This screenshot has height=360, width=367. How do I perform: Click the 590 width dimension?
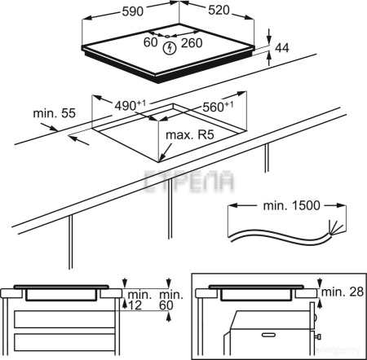point(133,11)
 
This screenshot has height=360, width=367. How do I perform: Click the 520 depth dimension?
point(219,11)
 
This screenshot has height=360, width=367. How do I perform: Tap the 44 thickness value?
point(282,48)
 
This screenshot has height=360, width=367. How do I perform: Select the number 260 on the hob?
point(192,43)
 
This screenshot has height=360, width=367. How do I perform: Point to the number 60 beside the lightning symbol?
point(150,42)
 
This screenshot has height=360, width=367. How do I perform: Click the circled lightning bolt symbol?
point(170,48)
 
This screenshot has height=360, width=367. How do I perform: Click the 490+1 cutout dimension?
point(130,105)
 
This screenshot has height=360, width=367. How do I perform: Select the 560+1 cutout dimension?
point(218,107)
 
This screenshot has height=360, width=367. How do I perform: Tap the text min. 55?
point(54,113)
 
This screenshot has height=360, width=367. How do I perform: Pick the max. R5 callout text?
point(190,135)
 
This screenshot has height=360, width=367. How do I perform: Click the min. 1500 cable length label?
point(291,206)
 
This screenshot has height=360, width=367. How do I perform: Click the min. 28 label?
point(343,292)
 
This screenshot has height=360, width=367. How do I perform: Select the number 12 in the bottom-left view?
point(135,305)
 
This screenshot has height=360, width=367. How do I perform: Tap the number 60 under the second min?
point(166,305)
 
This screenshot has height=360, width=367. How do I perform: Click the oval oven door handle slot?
point(268,335)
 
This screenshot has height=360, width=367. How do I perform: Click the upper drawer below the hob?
point(64,319)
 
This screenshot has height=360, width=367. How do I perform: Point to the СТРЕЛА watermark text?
point(189,180)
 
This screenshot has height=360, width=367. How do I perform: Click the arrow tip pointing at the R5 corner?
point(159,161)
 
